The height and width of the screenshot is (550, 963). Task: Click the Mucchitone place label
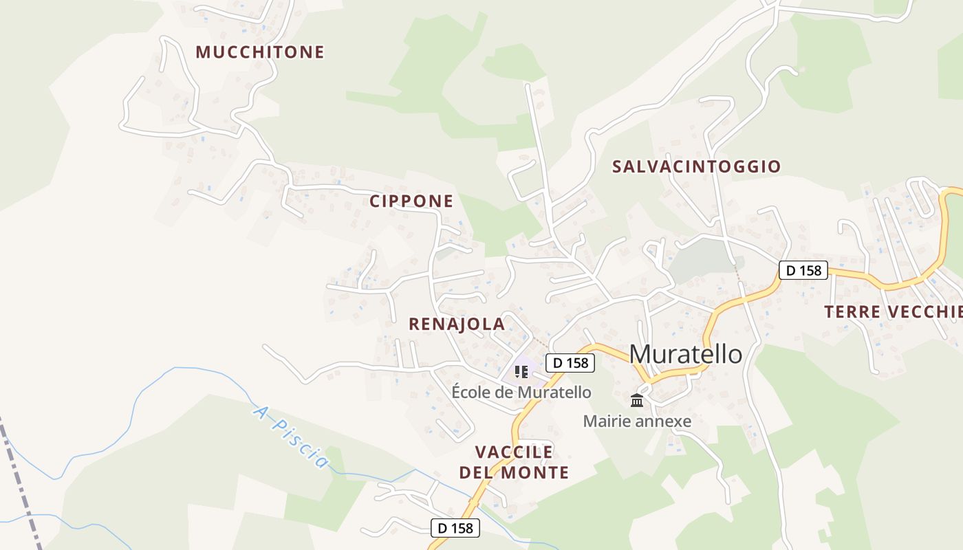[260, 52]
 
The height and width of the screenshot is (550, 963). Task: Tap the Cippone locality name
[411, 201]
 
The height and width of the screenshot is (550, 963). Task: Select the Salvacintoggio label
[696, 166]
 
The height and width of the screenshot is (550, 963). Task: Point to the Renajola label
[457, 324]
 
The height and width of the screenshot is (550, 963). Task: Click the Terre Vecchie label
[894, 312]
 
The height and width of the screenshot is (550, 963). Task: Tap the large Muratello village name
[686, 354]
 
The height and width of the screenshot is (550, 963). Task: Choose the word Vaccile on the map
[515, 452]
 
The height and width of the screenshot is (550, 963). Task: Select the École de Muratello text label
[521, 393]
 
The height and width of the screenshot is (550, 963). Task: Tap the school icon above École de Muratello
[521, 373]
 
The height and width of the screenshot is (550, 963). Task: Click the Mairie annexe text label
[637, 421]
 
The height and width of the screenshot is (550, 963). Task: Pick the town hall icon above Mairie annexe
[637, 400]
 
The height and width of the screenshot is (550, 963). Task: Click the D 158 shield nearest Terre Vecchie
[803, 270]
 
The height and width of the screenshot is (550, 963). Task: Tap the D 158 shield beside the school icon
[570, 362]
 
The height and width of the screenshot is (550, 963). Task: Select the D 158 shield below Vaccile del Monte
[455, 528]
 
